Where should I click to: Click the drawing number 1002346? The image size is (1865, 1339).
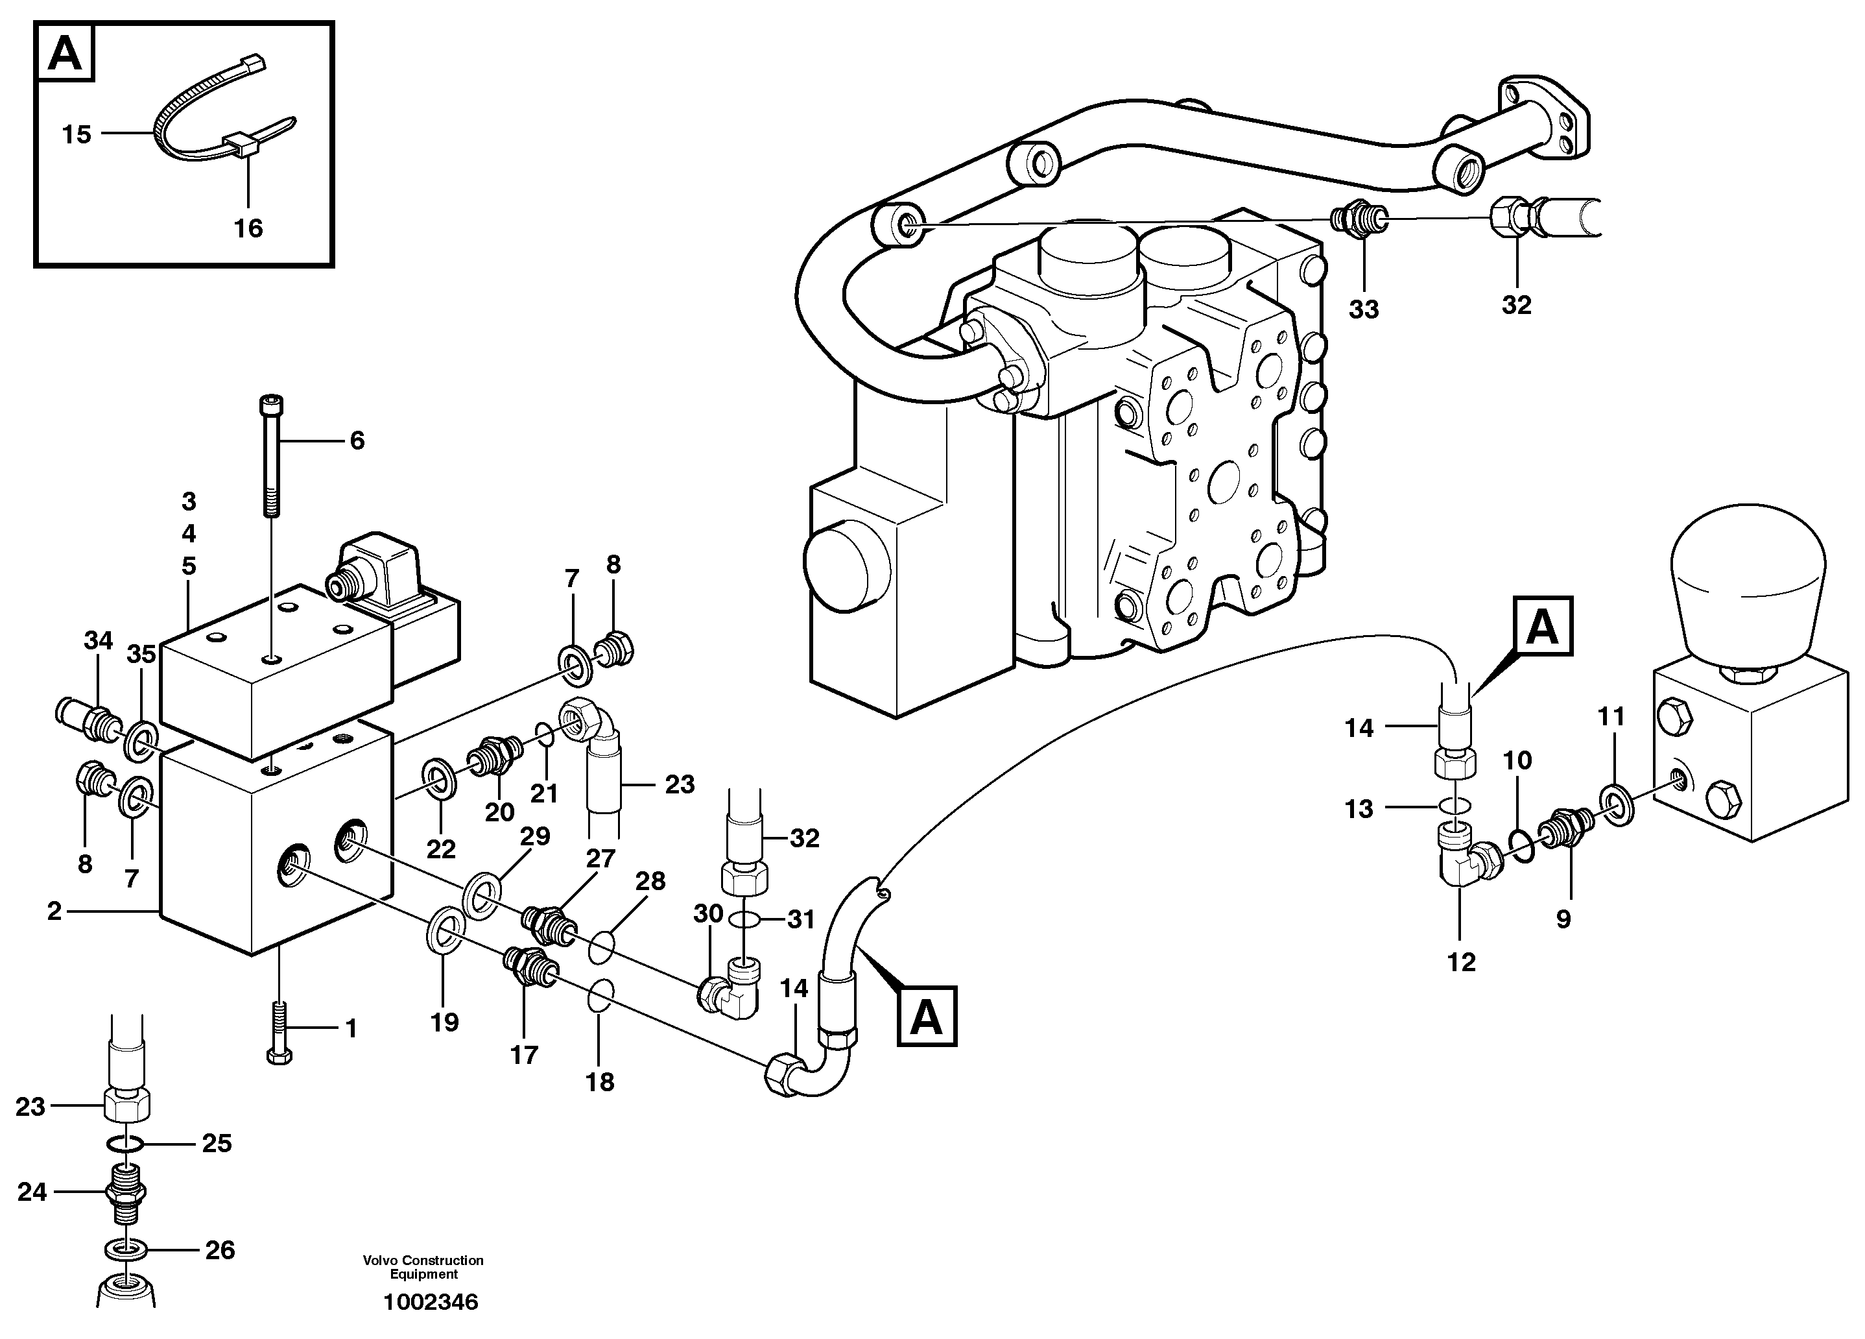point(430,1302)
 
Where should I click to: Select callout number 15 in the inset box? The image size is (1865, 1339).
point(77,134)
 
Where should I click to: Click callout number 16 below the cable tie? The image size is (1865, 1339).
point(248,228)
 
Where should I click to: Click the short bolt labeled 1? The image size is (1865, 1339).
point(279,1033)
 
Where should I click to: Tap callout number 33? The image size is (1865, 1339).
point(1363,309)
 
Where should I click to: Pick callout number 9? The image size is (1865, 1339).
point(1562,918)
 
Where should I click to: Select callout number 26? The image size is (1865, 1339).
point(220,1250)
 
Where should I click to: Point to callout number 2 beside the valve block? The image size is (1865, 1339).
point(54,911)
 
